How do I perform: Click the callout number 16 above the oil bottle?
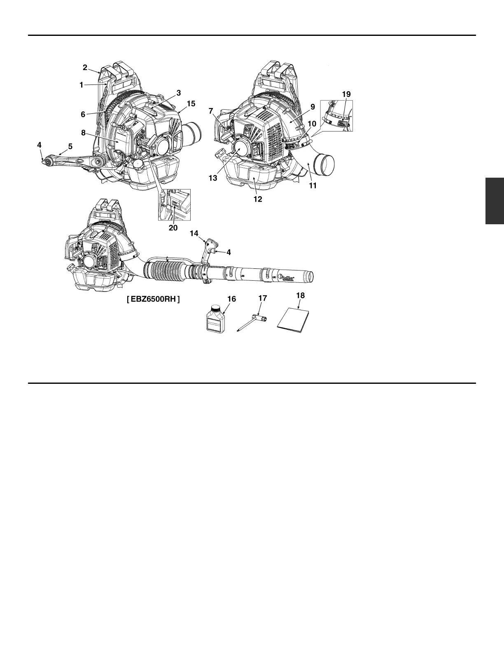coord(231,299)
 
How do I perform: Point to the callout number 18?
coord(300,296)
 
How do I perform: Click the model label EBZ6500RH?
coord(153,299)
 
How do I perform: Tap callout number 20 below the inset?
coord(173,228)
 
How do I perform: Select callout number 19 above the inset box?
coord(346,94)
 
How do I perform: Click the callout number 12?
coord(258,199)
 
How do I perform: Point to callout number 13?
coord(212,179)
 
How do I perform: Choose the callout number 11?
coord(313,186)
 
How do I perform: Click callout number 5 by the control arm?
coord(70,146)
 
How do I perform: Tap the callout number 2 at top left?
coord(85,67)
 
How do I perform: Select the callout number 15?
coord(191,103)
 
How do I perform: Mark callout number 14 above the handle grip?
coord(194,234)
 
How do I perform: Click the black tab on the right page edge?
coord(495,201)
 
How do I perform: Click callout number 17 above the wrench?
coord(263,298)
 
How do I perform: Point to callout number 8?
coord(83,133)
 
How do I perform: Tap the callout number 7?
coord(211,111)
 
